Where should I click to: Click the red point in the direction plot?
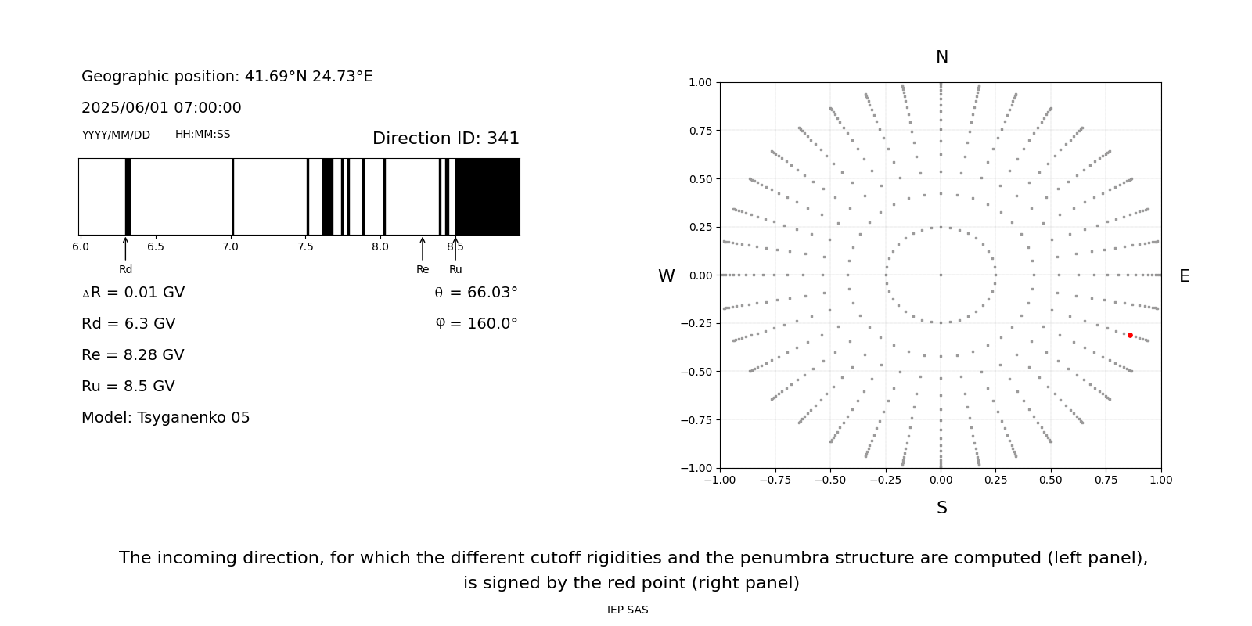1130,335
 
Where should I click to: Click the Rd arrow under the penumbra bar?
125,249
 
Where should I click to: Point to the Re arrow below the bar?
423,249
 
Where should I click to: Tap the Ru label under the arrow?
455,270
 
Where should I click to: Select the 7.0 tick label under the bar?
230,247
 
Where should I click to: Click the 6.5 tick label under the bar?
155,247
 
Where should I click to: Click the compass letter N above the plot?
941,57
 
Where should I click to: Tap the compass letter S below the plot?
941,508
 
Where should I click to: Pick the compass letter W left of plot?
666,276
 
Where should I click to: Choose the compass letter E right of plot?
1184,276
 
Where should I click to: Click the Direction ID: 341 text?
445,139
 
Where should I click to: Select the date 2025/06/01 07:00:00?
161,108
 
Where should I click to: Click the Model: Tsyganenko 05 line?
166,418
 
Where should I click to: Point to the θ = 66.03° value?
476,293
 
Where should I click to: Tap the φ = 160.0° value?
476,324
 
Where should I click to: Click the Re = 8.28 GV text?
133,355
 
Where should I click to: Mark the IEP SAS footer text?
628,610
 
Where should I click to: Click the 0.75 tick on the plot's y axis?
700,131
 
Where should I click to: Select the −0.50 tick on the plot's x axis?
830,480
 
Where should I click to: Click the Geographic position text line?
227,77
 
